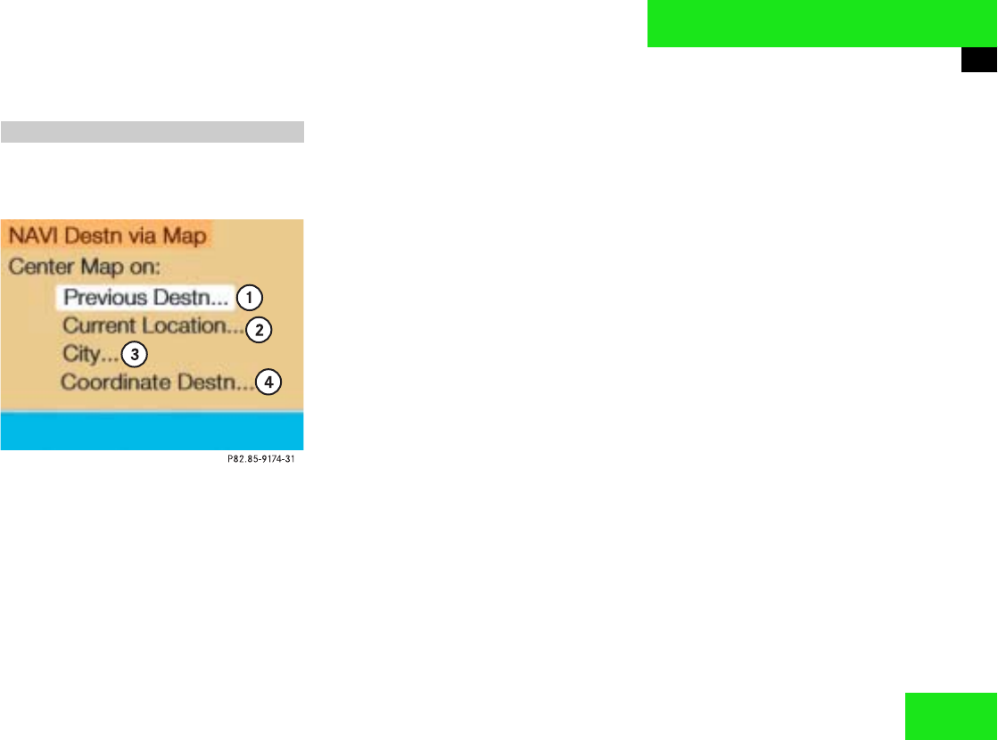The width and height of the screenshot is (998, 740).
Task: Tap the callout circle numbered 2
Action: click(x=259, y=330)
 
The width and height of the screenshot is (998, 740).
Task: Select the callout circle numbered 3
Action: click(x=134, y=354)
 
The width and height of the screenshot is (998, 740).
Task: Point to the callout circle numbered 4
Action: click(x=268, y=382)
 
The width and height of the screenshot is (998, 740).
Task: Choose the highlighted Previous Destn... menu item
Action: click(x=146, y=297)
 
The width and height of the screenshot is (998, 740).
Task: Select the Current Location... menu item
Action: click(x=153, y=326)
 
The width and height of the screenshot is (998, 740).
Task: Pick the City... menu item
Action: click(x=90, y=354)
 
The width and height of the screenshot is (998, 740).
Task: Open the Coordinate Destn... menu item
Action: click(x=157, y=382)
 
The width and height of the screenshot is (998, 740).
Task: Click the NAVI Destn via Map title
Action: click(x=107, y=236)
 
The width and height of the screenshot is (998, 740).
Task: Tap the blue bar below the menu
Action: click(x=152, y=431)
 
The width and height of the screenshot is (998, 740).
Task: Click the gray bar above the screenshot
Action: click(x=152, y=132)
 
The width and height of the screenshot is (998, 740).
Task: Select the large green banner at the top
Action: click(x=821, y=23)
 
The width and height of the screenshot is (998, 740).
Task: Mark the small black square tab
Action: click(x=978, y=60)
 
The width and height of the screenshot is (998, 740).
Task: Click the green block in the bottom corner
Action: click(x=950, y=716)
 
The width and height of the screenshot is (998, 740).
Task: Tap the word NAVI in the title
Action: click(x=32, y=236)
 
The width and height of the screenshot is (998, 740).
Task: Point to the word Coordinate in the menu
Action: click(x=105, y=382)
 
